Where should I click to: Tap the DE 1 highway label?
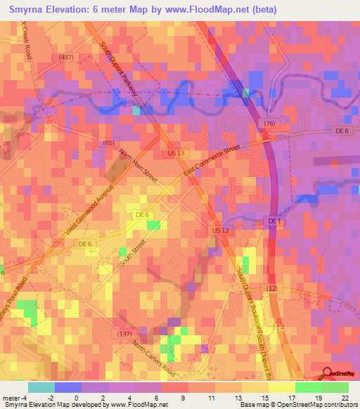(x=274, y=221)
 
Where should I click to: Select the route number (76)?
(x=269, y=124)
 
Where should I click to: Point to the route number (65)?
(x=108, y=143)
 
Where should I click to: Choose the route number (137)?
(x=124, y=333)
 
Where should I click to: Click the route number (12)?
(x=273, y=288)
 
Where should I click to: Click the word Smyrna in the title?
(x=27, y=10)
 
